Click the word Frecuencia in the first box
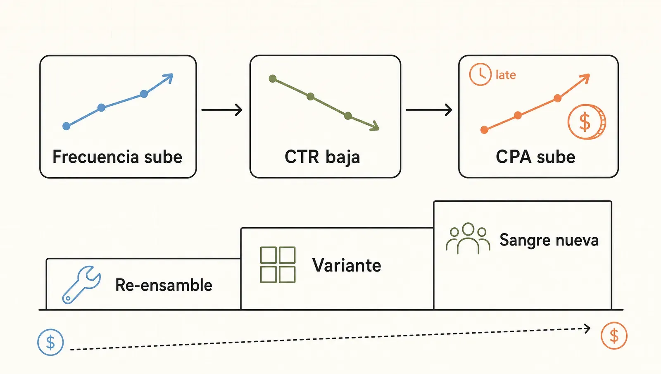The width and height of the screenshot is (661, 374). coord(95,157)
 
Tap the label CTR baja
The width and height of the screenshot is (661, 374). coord(322,157)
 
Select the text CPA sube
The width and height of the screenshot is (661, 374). coord(535,157)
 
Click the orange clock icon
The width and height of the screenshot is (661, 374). coord(480,74)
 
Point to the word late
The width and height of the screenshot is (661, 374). coord(506,75)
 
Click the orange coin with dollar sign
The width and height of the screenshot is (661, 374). coord(587,121)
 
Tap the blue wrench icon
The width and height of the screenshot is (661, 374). coord(81,285)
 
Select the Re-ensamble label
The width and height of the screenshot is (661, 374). coord(164,285)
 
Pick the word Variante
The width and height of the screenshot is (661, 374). coord(347,265)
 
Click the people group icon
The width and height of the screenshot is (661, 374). coord(468,238)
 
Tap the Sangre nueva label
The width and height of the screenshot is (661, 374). coord(549,240)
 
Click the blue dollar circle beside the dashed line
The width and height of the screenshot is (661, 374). coord(50,343)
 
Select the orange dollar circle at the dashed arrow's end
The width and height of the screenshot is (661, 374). coord(614,336)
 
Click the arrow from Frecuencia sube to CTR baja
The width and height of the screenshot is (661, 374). coord(222,110)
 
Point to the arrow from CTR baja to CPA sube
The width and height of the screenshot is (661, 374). coord(429,110)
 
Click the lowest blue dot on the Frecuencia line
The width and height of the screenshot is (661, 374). coord(67,126)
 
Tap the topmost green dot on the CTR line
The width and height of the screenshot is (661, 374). coord(273,79)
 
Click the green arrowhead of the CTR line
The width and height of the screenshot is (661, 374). coord(375,126)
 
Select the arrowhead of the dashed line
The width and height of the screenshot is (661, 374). coord(587,328)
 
